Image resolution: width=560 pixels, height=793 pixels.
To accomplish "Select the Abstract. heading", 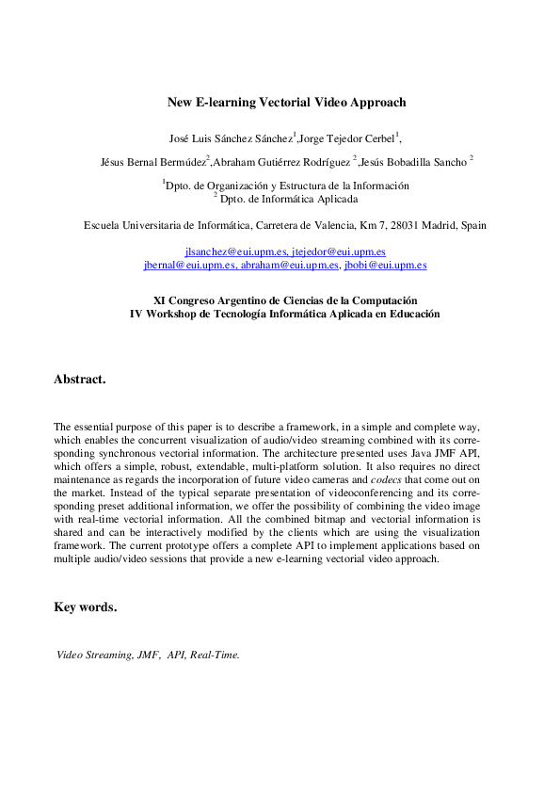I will coord(80,380).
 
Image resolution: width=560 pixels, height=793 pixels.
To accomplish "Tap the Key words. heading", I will coord(86,607).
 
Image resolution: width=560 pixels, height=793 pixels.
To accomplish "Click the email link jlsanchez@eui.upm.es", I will coord(234,252).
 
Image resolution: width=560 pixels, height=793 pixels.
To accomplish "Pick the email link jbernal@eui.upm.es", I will coord(188,266).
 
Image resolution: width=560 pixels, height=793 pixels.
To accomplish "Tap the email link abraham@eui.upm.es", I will coord(289,266).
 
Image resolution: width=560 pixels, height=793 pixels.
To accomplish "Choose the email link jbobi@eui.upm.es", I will coord(385,266).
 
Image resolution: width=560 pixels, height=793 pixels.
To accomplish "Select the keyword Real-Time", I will coord(215,655).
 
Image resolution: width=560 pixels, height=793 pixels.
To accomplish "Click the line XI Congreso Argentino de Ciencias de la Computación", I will coord(285,299).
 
